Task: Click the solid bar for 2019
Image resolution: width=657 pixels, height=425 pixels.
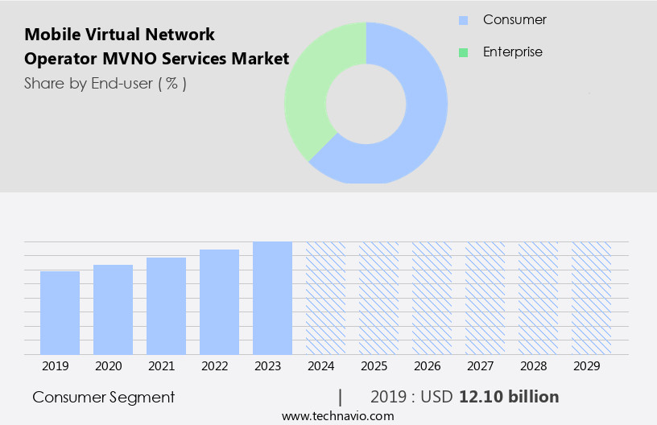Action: [60, 312]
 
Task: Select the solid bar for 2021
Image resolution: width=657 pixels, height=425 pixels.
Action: [166, 306]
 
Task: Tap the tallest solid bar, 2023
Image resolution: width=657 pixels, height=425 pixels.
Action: [272, 298]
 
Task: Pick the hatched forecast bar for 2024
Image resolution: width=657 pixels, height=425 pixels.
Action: [325, 298]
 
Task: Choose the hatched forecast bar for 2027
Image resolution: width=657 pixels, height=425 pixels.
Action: [485, 298]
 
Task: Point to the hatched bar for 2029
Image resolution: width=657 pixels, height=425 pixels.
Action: [591, 298]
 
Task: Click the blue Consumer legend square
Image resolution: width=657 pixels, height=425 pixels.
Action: [463, 20]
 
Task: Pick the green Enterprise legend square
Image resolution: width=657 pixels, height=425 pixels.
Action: [463, 52]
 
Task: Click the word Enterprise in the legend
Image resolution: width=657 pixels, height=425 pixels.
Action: [512, 52]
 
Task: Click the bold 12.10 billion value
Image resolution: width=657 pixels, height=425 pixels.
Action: [509, 397]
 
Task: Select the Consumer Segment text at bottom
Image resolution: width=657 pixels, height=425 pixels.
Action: [104, 397]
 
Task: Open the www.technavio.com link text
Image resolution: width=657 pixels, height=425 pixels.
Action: [337, 415]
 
